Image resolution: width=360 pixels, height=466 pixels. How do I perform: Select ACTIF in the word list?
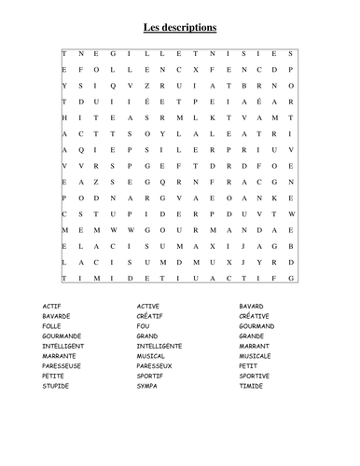(x=53, y=306)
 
